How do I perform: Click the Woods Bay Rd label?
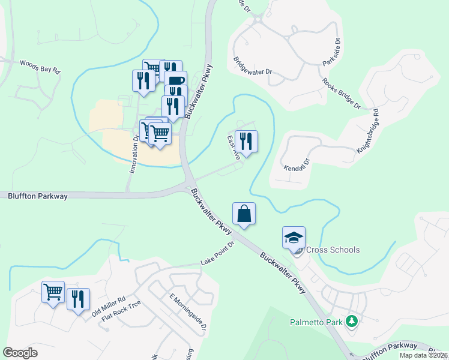pyautogui.click(x=40, y=66)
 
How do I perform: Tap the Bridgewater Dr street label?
pyautogui.click(x=253, y=66)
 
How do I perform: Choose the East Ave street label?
pyautogui.click(x=234, y=147)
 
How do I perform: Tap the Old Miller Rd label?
pyautogui.click(x=108, y=307)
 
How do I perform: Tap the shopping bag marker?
pyautogui.click(x=244, y=214)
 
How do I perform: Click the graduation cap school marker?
pyautogui.click(x=294, y=238)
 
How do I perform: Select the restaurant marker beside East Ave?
pyautogui.click(x=246, y=142)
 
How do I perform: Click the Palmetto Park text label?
pyautogui.click(x=316, y=322)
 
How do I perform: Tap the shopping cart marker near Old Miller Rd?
pyautogui.click(x=53, y=292)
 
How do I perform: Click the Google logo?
pyautogui.click(x=20, y=353)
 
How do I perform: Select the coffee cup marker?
pyautogui.click(x=175, y=82)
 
